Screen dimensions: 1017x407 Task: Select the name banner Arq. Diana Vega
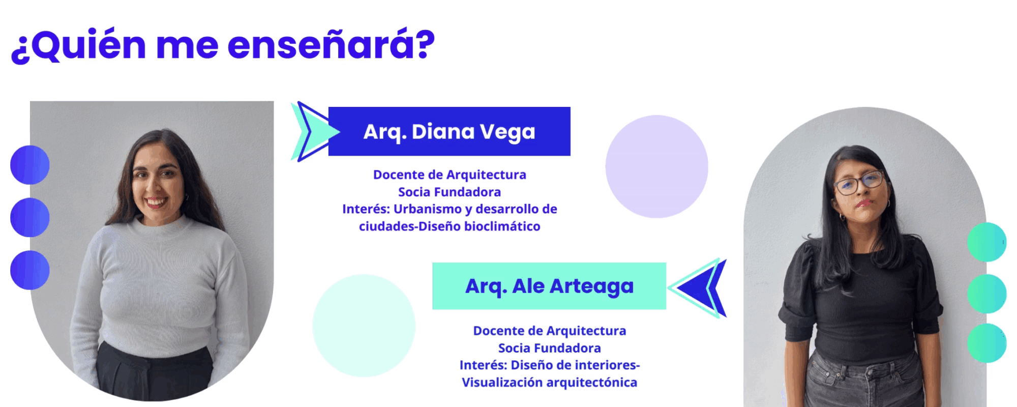pyautogui.click(x=449, y=131)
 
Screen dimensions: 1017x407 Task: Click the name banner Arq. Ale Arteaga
pyautogui.click(x=549, y=286)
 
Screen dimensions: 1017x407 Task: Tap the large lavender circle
pyautogui.click(x=656, y=166)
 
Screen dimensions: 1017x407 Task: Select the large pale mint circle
pyautogui.click(x=364, y=326)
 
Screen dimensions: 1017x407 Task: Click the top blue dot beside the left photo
pyautogui.click(x=29, y=165)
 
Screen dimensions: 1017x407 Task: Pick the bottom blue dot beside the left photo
pyautogui.click(x=29, y=270)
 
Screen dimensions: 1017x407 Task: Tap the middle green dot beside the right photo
pyautogui.click(x=986, y=294)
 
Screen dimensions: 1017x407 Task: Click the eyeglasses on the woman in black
pyautogui.click(x=859, y=182)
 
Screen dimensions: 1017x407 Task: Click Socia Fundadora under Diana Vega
pyautogui.click(x=450, y=192)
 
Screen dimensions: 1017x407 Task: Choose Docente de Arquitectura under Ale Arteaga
pyautogui.click(x=550, y=331)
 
